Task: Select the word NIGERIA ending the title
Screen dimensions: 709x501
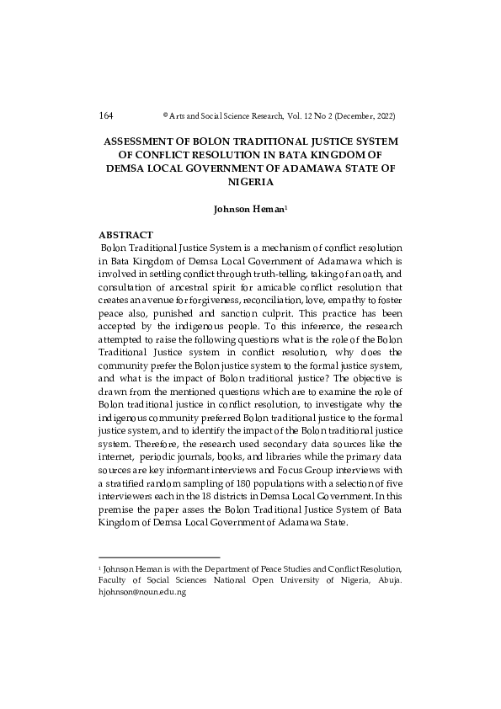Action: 251,182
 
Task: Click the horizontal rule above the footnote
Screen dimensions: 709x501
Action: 159,557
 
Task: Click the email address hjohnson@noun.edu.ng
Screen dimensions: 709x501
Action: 142,592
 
